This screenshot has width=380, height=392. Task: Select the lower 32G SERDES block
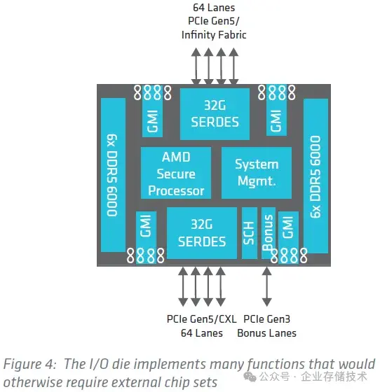pyautogui.click(x=201, y=233)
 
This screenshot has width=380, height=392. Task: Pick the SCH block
pyautogui.click(x=249, y=233)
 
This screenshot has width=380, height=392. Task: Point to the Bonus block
pyautogui.click(x=268, y=233)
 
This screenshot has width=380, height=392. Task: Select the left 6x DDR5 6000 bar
pyautogui.click(x=113, y=175)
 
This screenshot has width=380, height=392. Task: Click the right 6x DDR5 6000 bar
pyautogui.click(x=315, y=175)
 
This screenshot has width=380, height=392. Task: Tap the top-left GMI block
pyautogui.click(x=153, y=119)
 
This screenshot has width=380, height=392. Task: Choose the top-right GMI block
pyautogui.click(x=276, y=119)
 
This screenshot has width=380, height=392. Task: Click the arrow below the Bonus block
pyautogui.click(x=264, y=285)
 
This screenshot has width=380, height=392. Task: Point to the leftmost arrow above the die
pyautogui.click(x=196, y=65)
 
